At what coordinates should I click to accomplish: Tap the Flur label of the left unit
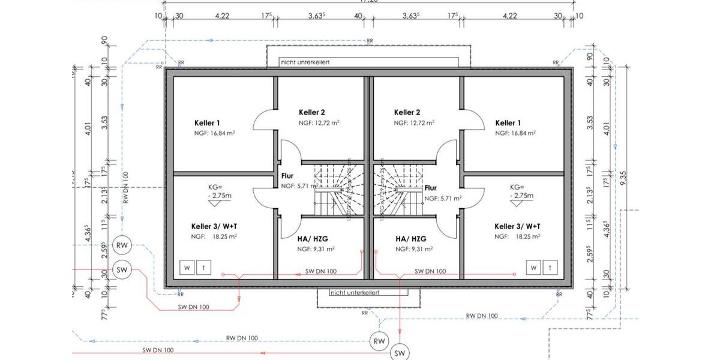pyautogui.click(x=287, y=176)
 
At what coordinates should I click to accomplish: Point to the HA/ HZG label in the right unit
pyautogui.click(x=411, y=238)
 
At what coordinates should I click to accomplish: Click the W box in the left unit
pyautogui.click(x=187, y=267)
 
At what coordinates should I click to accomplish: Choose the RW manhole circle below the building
pyautogui.click(x=379, y=341)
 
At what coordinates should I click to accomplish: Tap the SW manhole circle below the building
pyautogui.click(x=399, y=353)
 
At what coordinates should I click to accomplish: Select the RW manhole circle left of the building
pyautogui.click(x=122, y=245)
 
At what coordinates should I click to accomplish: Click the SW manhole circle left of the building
pyautogui.click(x=122, y=270)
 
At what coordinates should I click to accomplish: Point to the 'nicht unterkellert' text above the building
pyautogui.click(x=305, y=62)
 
